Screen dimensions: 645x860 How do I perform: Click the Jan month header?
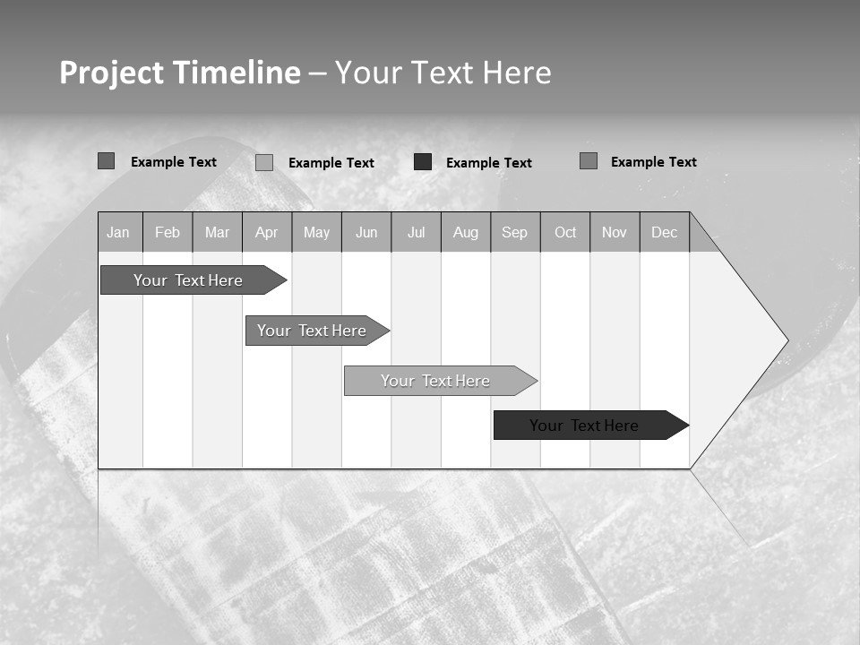[x=118, y=233]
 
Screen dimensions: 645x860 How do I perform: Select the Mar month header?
[x=217, y=233]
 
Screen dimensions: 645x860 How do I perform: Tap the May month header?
[x=316, y=233]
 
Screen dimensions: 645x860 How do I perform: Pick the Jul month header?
[x=416, y=233]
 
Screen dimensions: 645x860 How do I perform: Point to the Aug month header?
[x=466, y=233]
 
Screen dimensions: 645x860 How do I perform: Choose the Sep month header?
[x=515, y=233]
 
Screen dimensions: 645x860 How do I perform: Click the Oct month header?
[x=565, y=233]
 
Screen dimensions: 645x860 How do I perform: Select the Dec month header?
[x=665, y=233]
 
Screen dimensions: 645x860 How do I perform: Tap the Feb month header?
[x=168, y=233]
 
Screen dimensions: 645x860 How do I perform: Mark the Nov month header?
[x=615, y=233]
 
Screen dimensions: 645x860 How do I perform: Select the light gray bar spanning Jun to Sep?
[x=436, y=381]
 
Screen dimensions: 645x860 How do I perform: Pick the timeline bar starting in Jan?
[x=189, y=280]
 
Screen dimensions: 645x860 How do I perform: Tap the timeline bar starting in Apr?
[x=313, y=331]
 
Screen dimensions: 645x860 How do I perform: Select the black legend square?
[x=423, y=162]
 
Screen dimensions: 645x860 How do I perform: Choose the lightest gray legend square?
[x=264, y=162]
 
